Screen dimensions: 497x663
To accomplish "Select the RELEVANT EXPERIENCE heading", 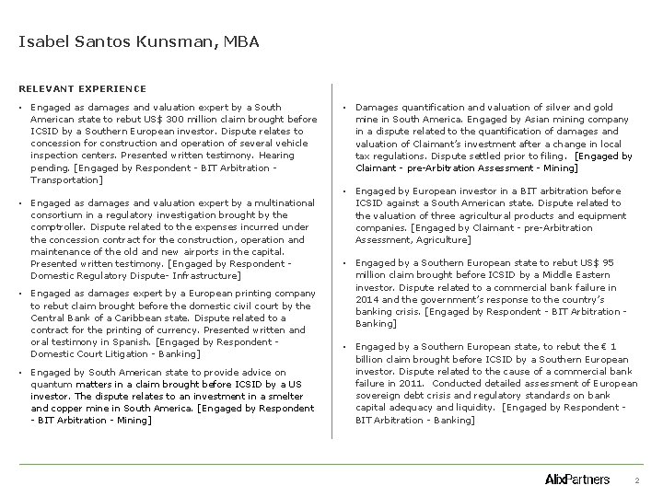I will [82, 88].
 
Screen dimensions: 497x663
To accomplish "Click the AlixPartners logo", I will [577, 480].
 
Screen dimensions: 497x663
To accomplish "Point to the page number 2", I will [637, 481].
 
